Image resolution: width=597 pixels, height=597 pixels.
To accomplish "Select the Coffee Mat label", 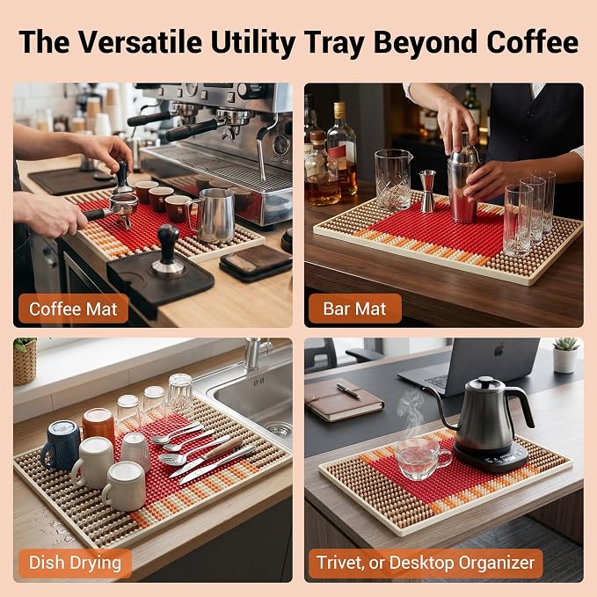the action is [73, 309].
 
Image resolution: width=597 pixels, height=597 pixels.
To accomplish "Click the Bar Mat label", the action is [354, 309].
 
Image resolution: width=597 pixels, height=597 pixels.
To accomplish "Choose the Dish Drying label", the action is [75, 563].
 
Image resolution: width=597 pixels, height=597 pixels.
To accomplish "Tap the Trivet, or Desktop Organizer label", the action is [426, 563].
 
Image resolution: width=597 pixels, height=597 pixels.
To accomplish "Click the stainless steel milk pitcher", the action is [214, 215].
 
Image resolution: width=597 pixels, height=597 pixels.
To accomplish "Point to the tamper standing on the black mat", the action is [168, 250].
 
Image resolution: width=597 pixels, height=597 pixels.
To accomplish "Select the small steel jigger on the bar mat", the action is [427, 191].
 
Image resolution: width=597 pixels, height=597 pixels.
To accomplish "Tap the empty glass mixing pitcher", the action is [393, 179].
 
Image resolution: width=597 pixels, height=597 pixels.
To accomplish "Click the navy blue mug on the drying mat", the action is [61, 445].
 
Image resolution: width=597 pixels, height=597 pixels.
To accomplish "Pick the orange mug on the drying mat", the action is [98, 424].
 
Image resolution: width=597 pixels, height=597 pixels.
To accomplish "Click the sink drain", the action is [279, 429].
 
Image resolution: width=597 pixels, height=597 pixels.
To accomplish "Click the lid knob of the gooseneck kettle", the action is [486, 380].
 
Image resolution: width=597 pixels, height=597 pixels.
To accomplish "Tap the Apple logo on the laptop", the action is [499, 350].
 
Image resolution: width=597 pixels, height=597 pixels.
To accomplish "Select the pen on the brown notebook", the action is [349, 391].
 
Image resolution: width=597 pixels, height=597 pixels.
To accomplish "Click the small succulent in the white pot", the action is [566, 344].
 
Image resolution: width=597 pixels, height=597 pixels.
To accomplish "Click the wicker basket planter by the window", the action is [25, 364].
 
